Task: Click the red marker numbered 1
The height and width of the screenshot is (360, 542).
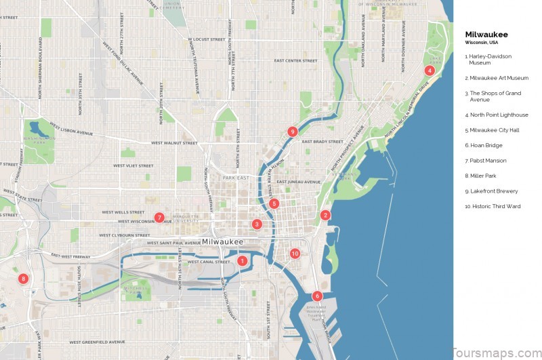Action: [242, 260]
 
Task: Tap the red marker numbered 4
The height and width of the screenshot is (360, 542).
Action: [430, 71]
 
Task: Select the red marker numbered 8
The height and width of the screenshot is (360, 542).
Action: [23, 279]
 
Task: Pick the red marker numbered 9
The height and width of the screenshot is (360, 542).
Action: [292, 132]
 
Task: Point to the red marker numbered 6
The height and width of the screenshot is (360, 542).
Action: [317, 296]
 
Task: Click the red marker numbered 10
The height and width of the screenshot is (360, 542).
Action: [295, 254]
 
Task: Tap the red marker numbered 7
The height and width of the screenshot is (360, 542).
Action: [159, 218]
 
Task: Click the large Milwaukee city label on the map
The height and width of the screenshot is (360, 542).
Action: [223, 242]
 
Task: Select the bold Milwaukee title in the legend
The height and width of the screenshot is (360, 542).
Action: [486, 35]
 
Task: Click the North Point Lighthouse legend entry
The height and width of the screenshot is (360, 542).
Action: [496, 115]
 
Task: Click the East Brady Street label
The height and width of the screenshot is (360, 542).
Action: [322, 142]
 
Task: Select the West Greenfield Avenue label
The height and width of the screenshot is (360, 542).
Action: [98, 342]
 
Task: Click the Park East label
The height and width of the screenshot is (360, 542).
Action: [236, 178]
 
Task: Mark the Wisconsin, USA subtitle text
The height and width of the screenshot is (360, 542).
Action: [480, 43]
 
